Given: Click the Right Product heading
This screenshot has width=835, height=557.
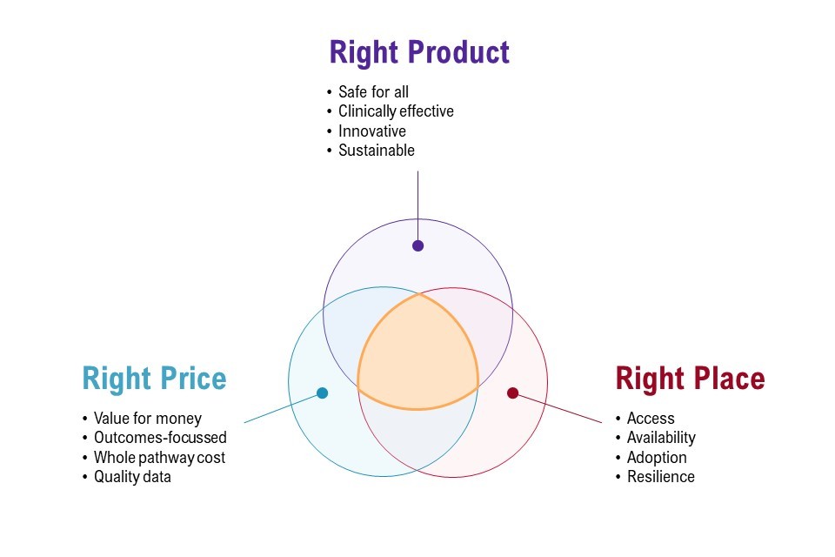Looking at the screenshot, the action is [x=419, y=53].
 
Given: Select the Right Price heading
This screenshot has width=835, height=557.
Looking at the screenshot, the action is [x=155, y=379].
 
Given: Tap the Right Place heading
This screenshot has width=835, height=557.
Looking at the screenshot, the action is [x=690, y=379].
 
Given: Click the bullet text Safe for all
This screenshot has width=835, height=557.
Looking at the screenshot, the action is [x=373, y=91].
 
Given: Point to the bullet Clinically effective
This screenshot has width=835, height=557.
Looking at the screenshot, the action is [x=396, y=111].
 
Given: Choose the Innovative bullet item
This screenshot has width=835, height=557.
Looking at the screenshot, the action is [x=371, y=131].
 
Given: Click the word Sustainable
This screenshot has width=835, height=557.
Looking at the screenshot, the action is [x=376, y=151].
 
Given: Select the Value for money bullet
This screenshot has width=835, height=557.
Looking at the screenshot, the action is [x=148, y=419].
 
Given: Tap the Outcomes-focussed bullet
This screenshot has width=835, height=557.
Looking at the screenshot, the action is [x=160, y=438].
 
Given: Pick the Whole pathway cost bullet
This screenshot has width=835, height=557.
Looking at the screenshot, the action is [x=159, y=457].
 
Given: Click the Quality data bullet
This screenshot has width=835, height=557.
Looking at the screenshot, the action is [x=132, y=477].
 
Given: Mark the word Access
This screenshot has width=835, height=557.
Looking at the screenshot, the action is [x=651, y=418].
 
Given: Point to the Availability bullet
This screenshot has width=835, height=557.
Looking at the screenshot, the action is [x=661, y=438].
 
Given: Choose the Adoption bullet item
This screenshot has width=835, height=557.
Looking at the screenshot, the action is [x=657, y=457].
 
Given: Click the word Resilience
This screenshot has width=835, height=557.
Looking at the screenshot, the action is [x=660, y=477].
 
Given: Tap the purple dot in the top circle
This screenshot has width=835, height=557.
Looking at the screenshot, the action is [x=418, y=245].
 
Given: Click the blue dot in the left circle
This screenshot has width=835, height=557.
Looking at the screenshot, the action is [x=322, y=393].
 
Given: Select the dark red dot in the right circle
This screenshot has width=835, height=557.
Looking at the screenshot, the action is [x=513, y=393].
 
